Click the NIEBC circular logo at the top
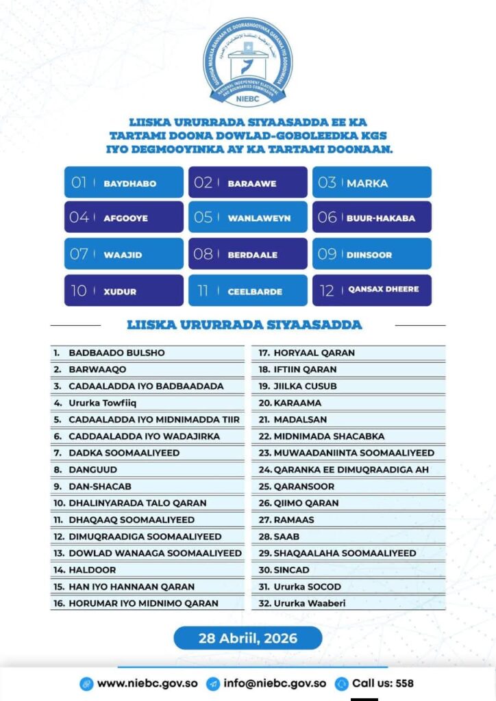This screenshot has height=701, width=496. (x=247, y=62)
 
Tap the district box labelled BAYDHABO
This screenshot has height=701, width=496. (x=124, y=183)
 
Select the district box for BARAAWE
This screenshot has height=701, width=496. (x=248, y=183)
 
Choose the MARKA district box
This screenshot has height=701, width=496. (x=372, y=183)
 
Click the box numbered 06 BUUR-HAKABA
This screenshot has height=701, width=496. (x=372, y=218)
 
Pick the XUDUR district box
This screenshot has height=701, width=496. (x=124, y=290)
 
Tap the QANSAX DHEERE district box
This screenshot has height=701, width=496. (x=372, y=290)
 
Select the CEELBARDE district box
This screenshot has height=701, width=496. (x=248, y=290)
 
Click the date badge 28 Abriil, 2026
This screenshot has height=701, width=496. (x=247, y=638)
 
